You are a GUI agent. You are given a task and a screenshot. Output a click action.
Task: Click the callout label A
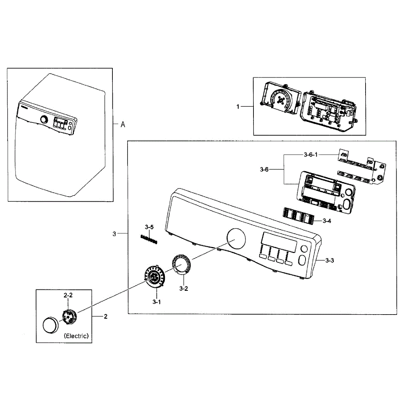click(x=123, y=125)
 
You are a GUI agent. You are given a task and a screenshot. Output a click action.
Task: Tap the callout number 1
click(x=238, y=107)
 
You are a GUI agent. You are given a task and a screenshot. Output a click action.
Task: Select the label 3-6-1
click(x=310, y=155)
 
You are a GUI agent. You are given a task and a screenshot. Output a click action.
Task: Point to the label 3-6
click(x=264, y=169)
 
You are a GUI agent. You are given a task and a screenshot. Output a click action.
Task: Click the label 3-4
click(x=327, y=221)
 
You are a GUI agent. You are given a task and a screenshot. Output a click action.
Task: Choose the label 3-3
click(x=330, y=261)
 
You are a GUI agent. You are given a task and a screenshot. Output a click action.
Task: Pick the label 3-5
click(x=149, y=227)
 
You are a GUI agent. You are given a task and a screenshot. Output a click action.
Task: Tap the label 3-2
click(x=184, y=289)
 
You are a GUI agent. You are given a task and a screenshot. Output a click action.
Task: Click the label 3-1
click(x=157, y=302)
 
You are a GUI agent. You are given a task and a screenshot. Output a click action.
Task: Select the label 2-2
click(x=68, y=295)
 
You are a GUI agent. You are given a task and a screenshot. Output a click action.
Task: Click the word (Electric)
click(x=76, y=336)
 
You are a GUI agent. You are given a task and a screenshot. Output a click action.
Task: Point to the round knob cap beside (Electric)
click(x=50, y=325)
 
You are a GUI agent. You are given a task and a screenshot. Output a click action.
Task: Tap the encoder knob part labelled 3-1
click(x=154, y=276)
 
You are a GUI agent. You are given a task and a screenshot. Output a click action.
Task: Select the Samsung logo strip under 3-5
click(x=149, y=239)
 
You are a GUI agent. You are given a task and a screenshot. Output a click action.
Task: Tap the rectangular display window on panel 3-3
click(x=280, y=242)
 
